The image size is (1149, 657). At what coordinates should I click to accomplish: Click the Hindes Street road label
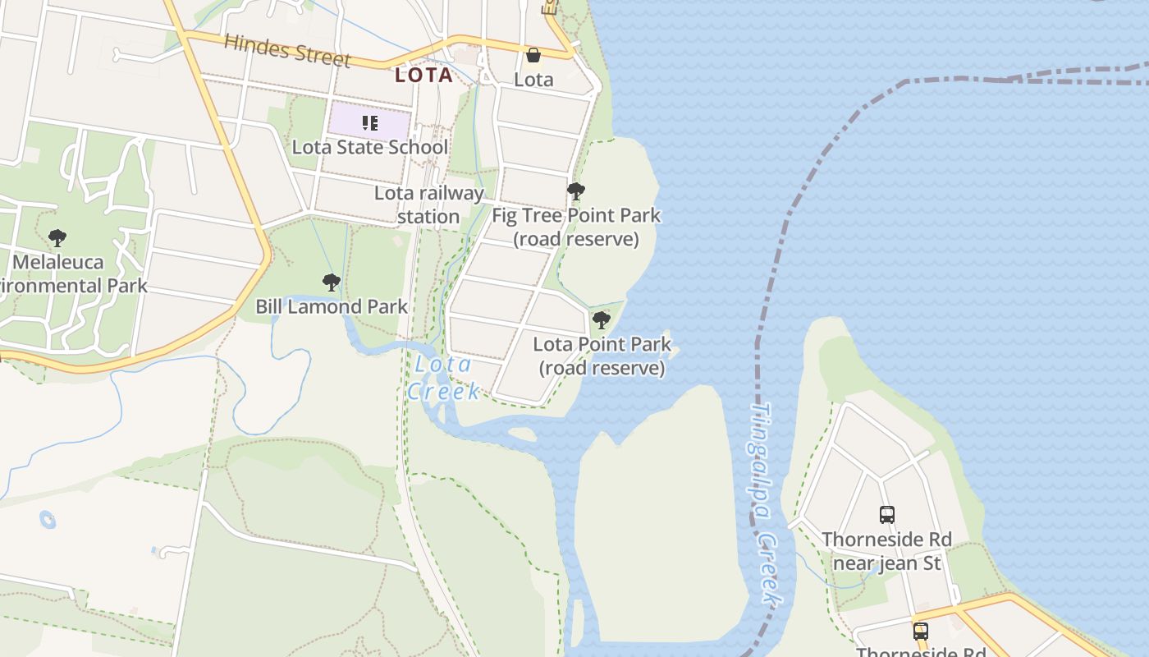click(x=287, y=51)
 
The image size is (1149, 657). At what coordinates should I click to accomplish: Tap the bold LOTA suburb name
click(x=423, y=76)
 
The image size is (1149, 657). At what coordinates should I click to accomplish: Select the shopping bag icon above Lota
click(x=533, y=56)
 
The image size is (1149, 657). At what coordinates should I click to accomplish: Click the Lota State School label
click(x=370, y=148)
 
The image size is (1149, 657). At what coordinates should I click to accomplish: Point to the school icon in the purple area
click(x=370, y=124)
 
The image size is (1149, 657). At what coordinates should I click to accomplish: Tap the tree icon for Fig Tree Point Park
click(x=576, y=192)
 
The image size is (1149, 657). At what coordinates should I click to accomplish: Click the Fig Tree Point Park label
click(x=576, y=227)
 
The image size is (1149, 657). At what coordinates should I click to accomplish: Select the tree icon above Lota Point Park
click(x=602, y=320)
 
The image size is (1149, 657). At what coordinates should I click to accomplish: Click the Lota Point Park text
click(x=602, y=356)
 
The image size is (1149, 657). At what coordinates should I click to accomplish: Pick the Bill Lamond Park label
click(x=332, y=307)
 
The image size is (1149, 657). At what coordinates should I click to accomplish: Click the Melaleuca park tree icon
click(x=57, y=239)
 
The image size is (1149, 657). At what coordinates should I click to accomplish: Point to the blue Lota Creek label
click(x=444, y=378)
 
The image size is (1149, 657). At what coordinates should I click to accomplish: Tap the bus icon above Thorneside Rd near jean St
click(x=887, y=515)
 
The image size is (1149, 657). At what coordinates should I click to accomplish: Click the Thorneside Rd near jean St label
click(x=887, y=551)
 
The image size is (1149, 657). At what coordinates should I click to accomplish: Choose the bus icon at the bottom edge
click(x=921, y=632)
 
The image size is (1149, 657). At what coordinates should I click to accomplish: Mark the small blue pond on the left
click(x=48, y=520)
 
